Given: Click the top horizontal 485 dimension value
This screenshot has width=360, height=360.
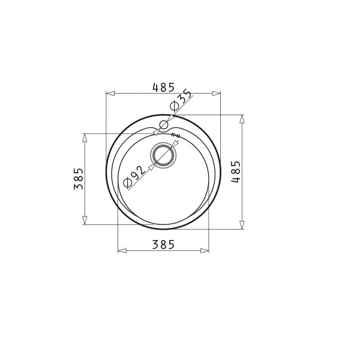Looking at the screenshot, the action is pos(163,87).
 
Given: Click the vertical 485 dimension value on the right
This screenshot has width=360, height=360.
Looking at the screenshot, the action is pos(236,172).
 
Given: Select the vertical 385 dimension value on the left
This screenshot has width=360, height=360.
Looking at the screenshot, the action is pos(78,179).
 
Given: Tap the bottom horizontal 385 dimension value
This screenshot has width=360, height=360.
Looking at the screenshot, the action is pos(163,245).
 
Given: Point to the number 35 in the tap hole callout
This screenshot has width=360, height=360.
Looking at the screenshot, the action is pos(185,98).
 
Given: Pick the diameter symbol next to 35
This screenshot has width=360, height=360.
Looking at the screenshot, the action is pos(174,106).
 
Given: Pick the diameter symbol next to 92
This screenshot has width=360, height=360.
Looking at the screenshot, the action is pos(127,183).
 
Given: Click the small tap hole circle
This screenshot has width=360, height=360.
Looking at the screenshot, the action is pos(164,125).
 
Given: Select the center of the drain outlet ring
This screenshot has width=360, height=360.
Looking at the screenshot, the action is pos(163,155).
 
